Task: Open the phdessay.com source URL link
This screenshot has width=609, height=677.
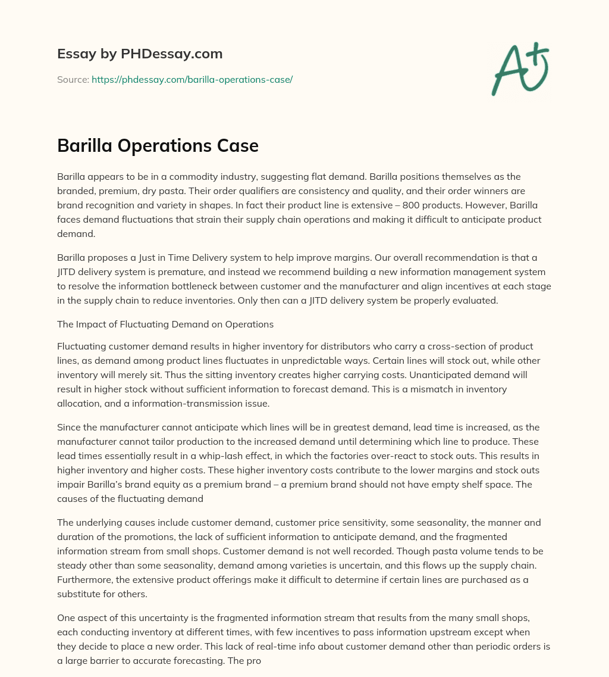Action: [x=192, y=79]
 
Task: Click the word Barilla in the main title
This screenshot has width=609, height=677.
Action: [x=87, y=146]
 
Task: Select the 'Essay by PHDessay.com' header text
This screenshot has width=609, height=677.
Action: [x=140, y=54]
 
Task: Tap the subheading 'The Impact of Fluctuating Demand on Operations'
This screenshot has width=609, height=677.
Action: [x=165, y=325]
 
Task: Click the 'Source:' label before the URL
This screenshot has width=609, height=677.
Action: [x=73, y=79]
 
